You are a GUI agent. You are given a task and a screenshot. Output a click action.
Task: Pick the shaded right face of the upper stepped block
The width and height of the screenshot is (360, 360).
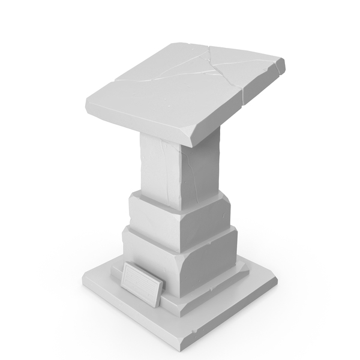pos(207,219)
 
